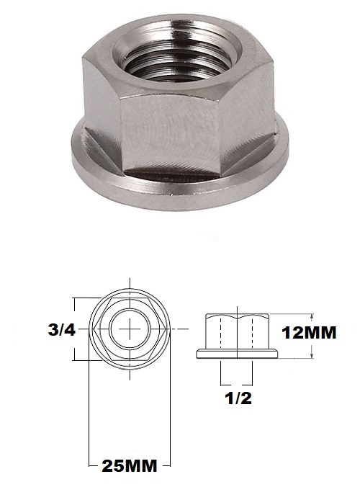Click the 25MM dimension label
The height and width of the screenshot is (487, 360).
[x=129, y=465]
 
